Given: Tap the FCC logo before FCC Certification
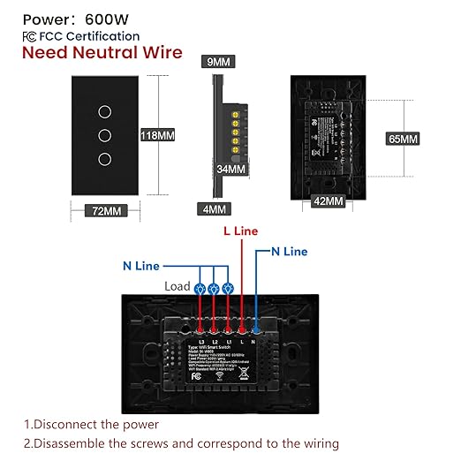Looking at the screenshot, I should click(x=29, y=36).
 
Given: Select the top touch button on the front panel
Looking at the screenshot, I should click(x=104, y=114).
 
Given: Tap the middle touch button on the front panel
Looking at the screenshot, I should click(x=104, y=136).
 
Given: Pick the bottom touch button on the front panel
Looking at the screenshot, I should click(x=104, y=159).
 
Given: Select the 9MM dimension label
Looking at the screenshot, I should click(x=216, y=62).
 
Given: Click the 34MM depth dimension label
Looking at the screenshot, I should click(x=229, y=169).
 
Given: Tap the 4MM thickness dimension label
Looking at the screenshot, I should click(x=213, y=210).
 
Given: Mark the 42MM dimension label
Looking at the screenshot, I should click(x=328, y=201).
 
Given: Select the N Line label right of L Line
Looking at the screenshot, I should click(x=289, y=252).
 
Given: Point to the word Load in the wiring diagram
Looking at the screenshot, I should click(x=178, y=286).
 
